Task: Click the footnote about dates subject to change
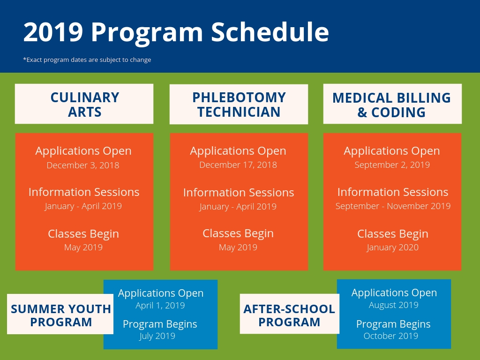(x=87, y=60)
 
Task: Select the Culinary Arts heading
(x=85, y=105)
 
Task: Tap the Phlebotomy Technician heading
(x=239, y=105)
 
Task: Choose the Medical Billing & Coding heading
(x=392, y=105)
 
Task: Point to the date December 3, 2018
(x=83, y=165)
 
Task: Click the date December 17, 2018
(x=238, y=165)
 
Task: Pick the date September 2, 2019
(x=392, y=165)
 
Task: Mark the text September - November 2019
(x=393, y=206)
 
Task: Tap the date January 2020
(x=392, y=247)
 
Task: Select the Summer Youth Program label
(x=61, y=315)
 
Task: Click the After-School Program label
(x=289, y=315)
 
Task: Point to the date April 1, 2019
(x=160, y=306)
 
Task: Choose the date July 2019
(x=157, y=336)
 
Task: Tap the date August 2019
(x=394, y=305)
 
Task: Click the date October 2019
(x=391, y=336)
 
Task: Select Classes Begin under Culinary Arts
(x=83, y=234)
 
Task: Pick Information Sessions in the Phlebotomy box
(x=239, y=193)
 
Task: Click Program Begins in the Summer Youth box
(x=160, y=324)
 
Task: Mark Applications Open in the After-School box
(x=394, y=293)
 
